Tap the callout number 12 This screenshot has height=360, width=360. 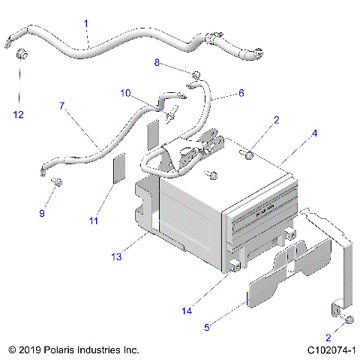point(19,115)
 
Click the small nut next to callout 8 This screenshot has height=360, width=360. point(194,74)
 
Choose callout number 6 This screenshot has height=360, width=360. point(241,94)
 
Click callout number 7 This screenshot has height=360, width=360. point(61,106)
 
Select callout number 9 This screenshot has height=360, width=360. point(42,214)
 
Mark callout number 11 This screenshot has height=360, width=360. point(94,220)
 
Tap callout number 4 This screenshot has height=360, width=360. point(315,133)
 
